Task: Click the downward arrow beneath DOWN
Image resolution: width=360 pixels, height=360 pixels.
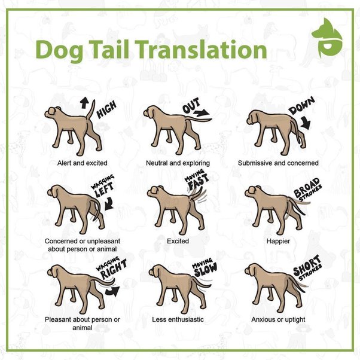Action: pos(306,123)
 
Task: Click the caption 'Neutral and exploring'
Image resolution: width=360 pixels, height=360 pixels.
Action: pos(178,163)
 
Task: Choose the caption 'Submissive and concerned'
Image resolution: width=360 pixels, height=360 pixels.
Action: pos(278,163)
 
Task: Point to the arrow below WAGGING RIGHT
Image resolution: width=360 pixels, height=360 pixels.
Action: pos(111,291)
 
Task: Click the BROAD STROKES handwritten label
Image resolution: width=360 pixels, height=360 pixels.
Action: pos(307,188)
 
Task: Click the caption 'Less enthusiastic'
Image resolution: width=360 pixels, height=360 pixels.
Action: pos(178,319)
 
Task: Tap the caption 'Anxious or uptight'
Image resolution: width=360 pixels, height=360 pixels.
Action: pos(278,319)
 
